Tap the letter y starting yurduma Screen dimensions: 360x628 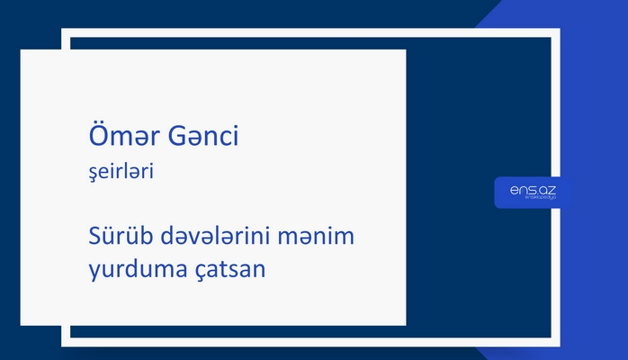(x=84, y=270)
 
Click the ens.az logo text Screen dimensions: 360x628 (x=532, y=190)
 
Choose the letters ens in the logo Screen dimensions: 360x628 (x=521, y=190)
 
